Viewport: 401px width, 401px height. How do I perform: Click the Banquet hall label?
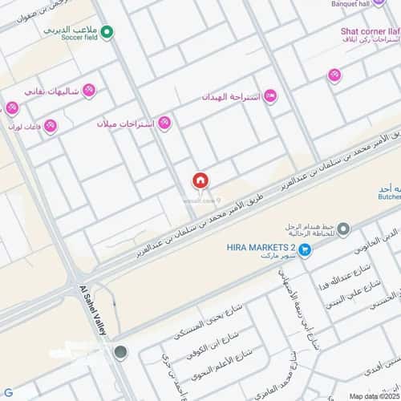(x=364, y=4)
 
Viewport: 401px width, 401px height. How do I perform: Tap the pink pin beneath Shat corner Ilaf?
(x=334, y=75)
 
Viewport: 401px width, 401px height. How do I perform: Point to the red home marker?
(x=200, y=180)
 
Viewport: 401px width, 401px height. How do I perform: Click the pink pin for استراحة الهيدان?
(x=270, y=96)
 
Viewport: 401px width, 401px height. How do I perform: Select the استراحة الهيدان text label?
(x=233, y=96)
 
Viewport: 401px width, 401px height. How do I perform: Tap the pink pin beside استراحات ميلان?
(x=164, y=123)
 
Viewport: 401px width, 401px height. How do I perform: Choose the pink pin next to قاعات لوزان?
(x=51, y=125)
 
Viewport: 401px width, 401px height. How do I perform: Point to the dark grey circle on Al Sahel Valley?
(x=121, y=352)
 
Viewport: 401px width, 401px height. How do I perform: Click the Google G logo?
(x=7, y=392)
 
